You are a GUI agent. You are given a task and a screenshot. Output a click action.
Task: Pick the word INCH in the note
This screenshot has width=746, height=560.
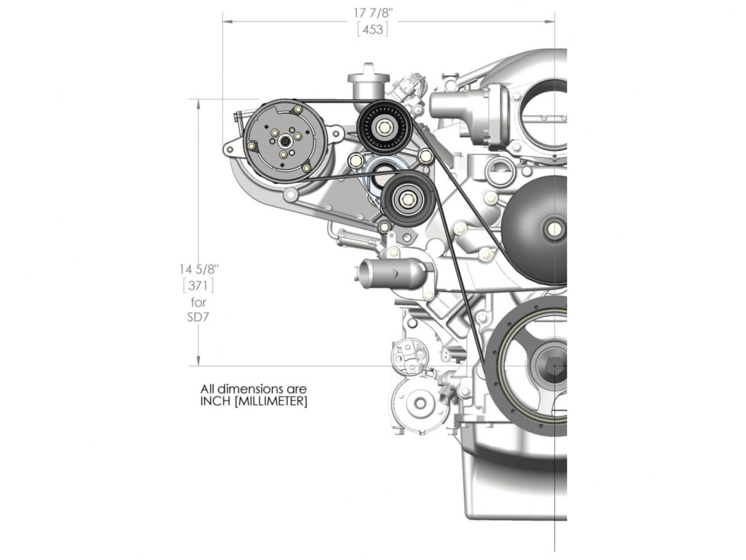[215, 401]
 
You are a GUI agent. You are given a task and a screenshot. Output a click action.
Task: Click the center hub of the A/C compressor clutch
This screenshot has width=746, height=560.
[283, 141]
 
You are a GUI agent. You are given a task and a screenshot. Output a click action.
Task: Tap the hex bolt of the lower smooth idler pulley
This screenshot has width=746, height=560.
[407, 199]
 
